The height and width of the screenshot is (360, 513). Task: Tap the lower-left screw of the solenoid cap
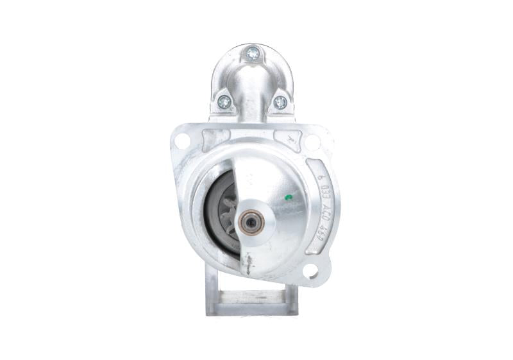(224, 100)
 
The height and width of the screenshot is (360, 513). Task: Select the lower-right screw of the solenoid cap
(280, 101)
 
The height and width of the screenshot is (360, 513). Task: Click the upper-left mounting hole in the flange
(182, 141)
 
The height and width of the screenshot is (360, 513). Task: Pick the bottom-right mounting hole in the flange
(310, 271)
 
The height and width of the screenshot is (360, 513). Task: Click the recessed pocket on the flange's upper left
(214, 137)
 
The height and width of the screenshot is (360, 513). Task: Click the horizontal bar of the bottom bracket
(247, 299)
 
